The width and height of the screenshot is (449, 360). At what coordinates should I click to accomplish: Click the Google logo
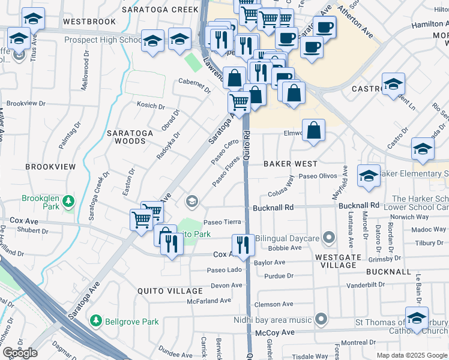pyautogui.click(x=20, y=353)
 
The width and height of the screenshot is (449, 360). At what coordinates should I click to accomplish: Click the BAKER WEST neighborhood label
pyautogui.click(x=291, y=163)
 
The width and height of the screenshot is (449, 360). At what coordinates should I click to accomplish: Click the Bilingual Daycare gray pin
pyautogui.click(x=328, y=238)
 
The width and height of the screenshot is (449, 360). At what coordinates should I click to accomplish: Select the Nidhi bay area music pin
pyautogui.click(x=321, y=319)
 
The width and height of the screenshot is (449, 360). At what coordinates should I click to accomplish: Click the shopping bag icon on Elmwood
pyautogui.click(x=314, y=130)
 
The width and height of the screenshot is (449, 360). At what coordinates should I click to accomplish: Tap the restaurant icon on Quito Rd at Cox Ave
pyautogui.click(x=243, y=245)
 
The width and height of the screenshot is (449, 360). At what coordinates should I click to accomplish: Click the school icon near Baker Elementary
pyautogui.click(x=369, y=175)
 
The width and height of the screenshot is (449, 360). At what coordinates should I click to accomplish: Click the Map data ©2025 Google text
pyautogui.click(x=412, y=355)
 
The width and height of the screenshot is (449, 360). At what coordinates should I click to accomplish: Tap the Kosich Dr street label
pyautogui.click(x=151, y=106)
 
